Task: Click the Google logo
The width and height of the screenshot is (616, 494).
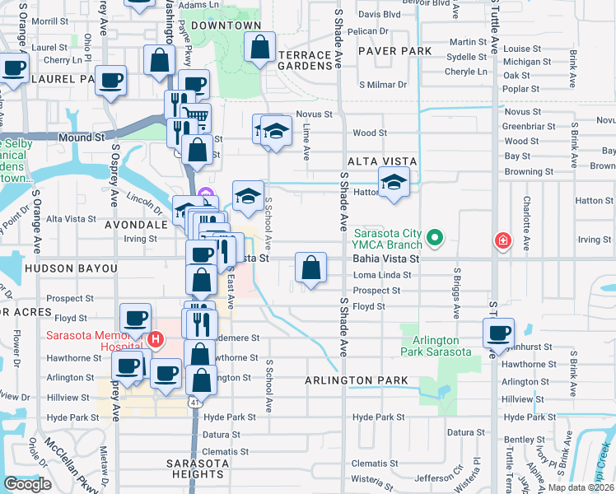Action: (x=27, y=484)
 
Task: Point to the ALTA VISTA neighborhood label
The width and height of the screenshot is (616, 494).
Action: (x=382, y=161)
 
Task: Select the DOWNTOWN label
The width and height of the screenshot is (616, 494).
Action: (x=226, y=26)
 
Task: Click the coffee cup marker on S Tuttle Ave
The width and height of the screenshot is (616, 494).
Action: (x=497, y=333)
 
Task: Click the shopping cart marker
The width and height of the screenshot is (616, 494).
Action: (x=195, y=119)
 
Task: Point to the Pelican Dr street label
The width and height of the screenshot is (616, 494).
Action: (x=367, y=31)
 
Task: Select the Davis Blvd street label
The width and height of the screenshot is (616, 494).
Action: (x=379, y=15)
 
